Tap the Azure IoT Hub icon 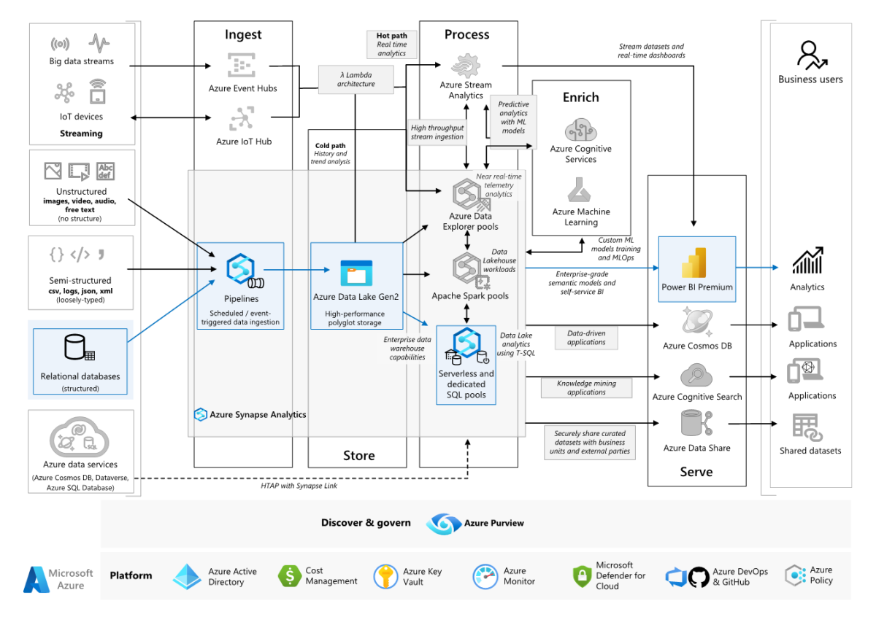click(241, 118)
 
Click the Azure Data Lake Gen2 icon click(356, 272)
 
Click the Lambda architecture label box click(357, 79)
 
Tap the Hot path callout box click(392, 44)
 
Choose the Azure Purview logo click(443, 523)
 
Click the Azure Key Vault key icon click(385, 576)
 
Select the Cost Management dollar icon click(290, 576)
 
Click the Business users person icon click(809, 54)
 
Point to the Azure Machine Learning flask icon click(581, 191)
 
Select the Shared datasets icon click(807, 427)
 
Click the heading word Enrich click(580, 97)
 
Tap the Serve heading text click(696, 472)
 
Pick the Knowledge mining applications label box click(586, 387)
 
